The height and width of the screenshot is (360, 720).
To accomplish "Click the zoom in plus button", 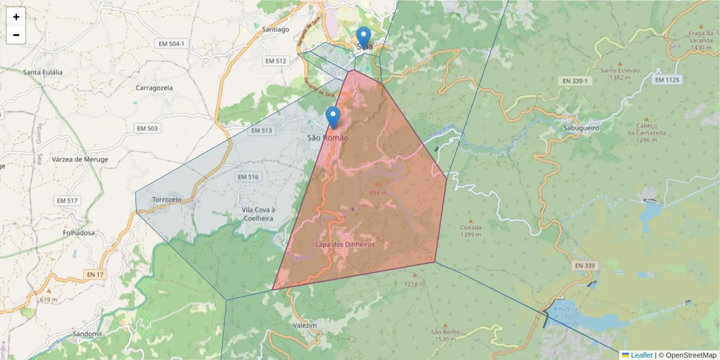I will click(16, 17).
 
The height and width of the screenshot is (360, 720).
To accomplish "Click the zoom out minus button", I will click(16, 35).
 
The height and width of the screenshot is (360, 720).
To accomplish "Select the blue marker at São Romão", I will click(333, 116).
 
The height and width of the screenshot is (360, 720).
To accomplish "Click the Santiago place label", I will click(276, 29).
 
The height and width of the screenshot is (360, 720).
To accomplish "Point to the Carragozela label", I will click(154, 88).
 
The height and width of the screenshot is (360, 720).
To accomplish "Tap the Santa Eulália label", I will click(43, 72).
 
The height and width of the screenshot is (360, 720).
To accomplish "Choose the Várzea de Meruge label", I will click(80, 160).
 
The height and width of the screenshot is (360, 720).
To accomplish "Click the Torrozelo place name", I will click(167, 199).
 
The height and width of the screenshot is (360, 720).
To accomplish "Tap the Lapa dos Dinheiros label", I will click(345, 245).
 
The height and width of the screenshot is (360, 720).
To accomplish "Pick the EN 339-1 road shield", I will click(575, 80).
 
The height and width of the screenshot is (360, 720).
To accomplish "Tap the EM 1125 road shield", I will click(667, 80).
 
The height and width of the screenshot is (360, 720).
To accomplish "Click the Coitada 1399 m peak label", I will click(471, 230).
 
